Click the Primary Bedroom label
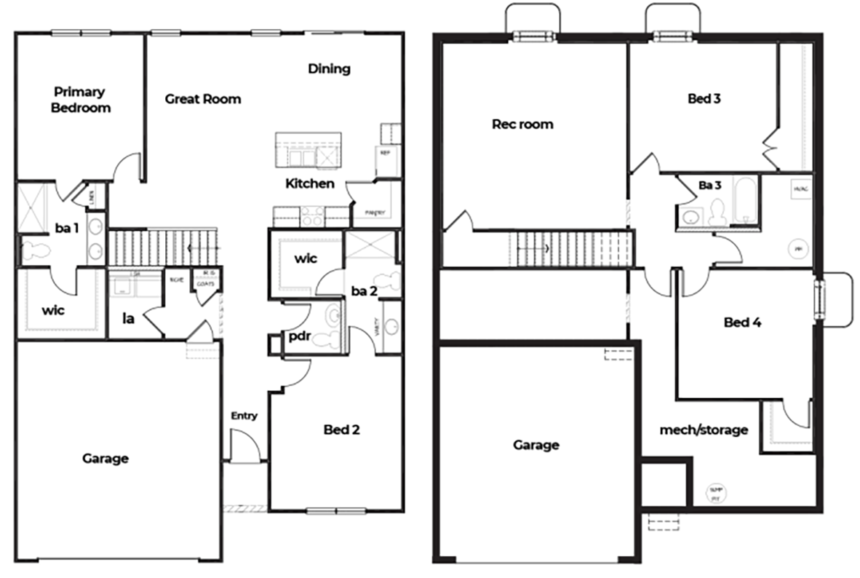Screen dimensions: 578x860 point(81,100)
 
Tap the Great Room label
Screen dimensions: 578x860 point(202,99)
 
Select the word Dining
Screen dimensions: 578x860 point(329,69)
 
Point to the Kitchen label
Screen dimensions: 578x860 point(310,183)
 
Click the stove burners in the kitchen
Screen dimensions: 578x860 point(313,215)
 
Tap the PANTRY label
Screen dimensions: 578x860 point(365,213)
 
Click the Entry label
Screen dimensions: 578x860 point(244,416)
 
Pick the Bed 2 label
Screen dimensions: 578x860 point(341,429)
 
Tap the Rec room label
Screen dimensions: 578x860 point(522,124)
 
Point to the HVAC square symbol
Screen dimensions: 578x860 point(801,189)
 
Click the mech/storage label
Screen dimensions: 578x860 point(703,430)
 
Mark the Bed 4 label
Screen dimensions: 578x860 point(743,322)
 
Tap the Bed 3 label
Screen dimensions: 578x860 point(704,98)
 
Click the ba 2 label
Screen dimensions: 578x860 point(365,291)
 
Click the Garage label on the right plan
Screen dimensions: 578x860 point(536,445)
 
